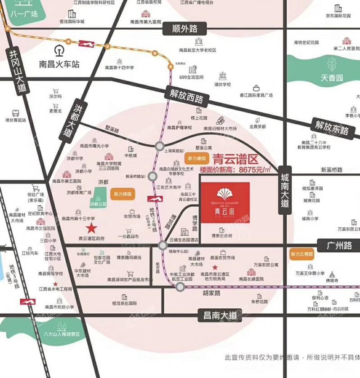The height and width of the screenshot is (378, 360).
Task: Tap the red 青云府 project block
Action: [225, 202]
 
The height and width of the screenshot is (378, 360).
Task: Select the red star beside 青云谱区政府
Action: [91, 228]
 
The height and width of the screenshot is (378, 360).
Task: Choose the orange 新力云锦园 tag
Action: [302, 255]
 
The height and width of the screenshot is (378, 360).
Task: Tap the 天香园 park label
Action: [332, 78]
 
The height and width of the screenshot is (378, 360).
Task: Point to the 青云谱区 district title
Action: [234, 159]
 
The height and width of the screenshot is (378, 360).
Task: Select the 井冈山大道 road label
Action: [13, 72]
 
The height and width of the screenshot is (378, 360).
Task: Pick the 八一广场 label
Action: [25, 14]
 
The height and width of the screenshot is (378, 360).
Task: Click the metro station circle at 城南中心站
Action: [162, 245]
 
